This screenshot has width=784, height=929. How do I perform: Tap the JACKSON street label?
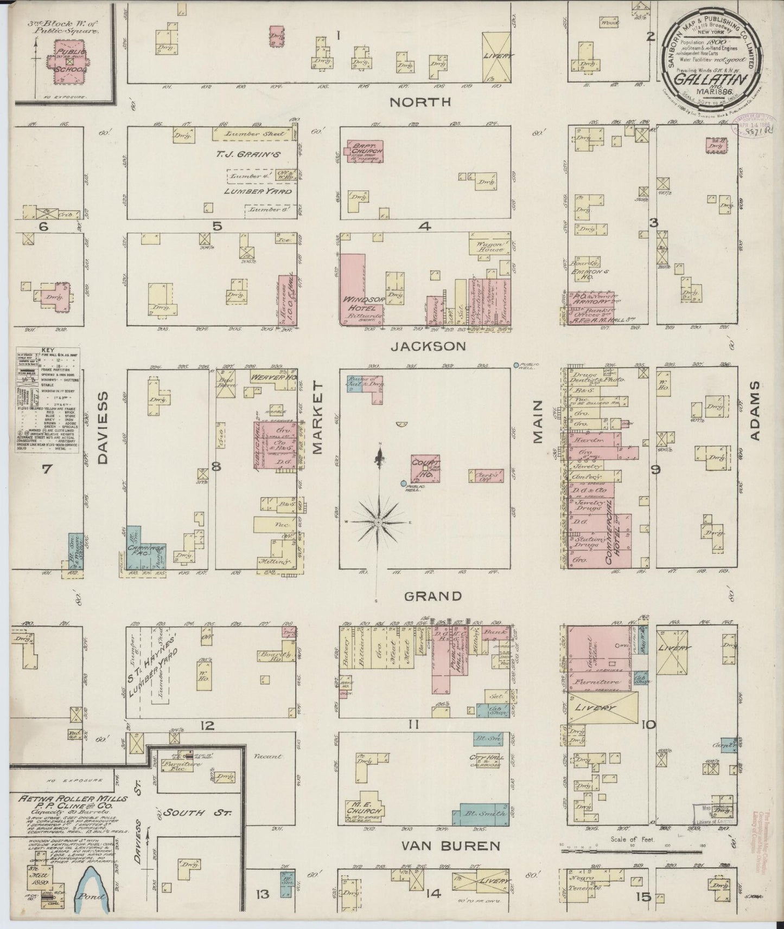tap(429, 346)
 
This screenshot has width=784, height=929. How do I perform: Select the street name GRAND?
tap(433, 596)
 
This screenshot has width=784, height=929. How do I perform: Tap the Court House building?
tap(425, 468)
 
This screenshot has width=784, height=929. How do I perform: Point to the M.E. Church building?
tap(365, 811)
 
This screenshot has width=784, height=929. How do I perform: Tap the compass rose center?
tap(379, 522)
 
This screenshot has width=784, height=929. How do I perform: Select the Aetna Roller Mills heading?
tap(72, 799)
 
